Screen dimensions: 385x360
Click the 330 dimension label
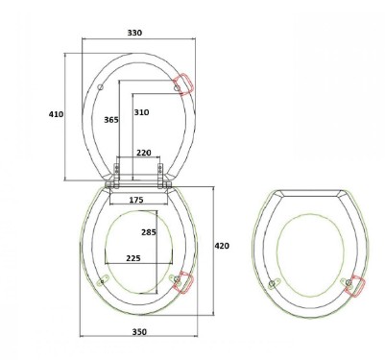[134, 33]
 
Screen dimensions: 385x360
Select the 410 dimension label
[56, 114]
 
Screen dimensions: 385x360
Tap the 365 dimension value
[111, 120]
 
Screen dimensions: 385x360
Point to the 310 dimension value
[141, 112]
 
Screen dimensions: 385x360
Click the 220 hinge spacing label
[144, 153]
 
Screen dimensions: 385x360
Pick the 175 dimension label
[136, 200]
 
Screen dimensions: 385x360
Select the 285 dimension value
[149, 232]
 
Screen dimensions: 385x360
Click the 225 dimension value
[133, 258]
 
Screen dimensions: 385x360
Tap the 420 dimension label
[222, 246]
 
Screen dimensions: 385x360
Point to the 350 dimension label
[139, 332]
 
